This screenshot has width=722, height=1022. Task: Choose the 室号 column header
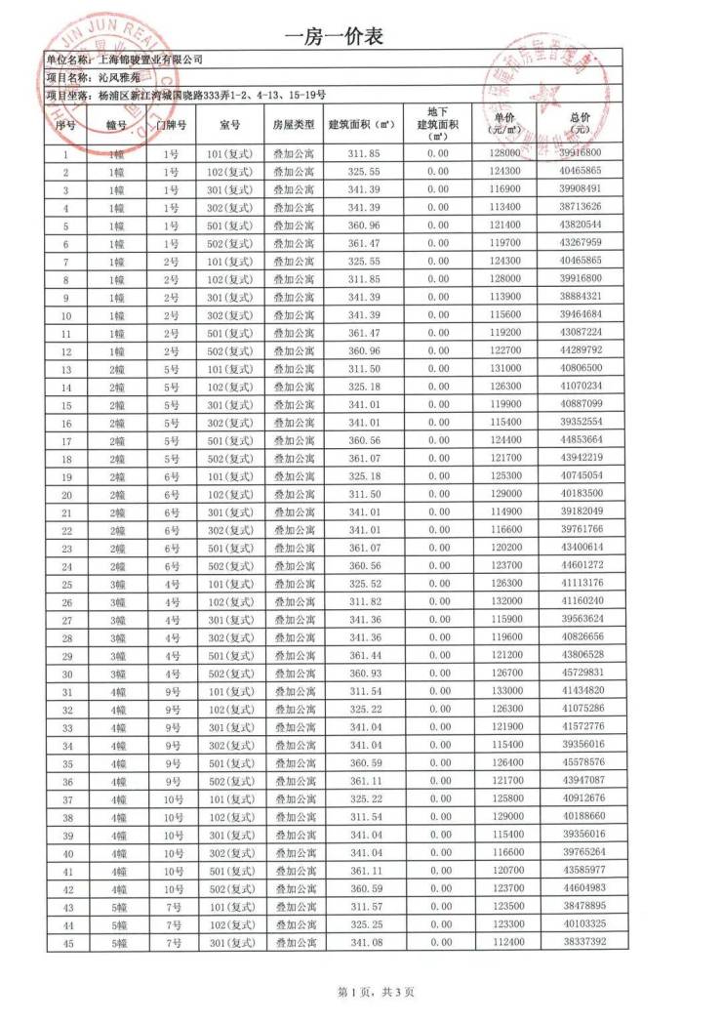[230, 124]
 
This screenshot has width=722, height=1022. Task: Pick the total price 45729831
[582, 675]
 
